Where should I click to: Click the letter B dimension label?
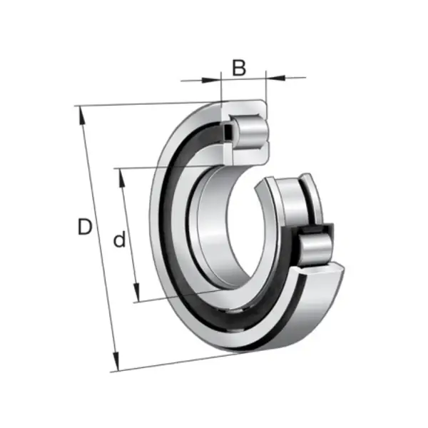click(239, 68)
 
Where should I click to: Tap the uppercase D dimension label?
click(85, 227)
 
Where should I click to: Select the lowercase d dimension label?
click(120, 239)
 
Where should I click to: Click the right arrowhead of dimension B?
click(275, 78)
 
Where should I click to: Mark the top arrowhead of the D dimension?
click(81, 116)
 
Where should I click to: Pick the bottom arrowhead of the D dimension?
click(116, 362)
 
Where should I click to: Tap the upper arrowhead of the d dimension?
click(122, 178)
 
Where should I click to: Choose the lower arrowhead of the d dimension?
click(136, 292)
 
